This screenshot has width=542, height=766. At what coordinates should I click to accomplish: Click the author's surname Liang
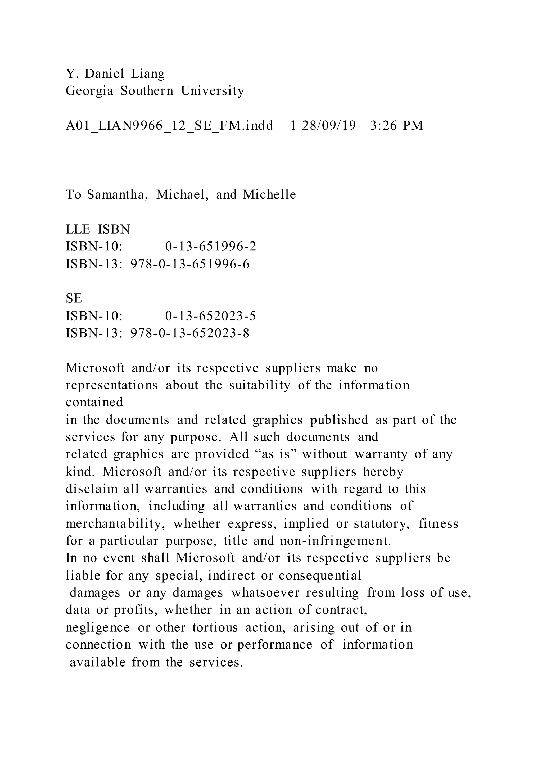click(x=148, y=74)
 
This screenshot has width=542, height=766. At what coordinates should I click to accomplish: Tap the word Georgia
click(x=89, y=91)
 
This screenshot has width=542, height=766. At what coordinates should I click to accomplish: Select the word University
click(x=213, y=91)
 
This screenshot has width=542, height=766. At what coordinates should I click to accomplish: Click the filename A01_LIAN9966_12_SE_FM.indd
click(x=169, y=126)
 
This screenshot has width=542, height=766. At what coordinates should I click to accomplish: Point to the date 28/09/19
click(x=329, y=126)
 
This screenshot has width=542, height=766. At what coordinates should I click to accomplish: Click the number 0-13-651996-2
click(x=211, y=247)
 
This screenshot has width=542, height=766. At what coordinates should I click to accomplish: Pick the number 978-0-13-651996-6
click(x=190, y=264)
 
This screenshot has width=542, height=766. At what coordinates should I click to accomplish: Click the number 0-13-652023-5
click(x=211, y=316)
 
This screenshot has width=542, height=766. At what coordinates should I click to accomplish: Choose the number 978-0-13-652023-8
click(x=190, y=333)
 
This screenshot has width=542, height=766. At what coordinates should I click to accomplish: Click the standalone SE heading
click(x=74, y=298)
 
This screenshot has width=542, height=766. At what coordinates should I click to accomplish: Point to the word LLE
click(x=78, y=230)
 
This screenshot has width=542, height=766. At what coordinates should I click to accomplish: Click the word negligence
click(x=97, y=628)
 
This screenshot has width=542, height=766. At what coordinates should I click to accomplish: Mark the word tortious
click(x=215, y=628)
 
